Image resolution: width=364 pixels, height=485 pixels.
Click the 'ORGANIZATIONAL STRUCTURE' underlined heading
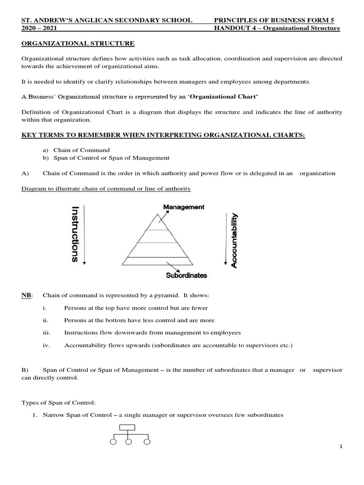pos(78,44)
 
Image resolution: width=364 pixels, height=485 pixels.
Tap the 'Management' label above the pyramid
pos(183,207)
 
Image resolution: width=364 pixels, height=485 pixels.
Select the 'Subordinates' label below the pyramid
pos(186,275)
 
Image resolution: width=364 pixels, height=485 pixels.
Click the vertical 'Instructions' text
pos(75,234)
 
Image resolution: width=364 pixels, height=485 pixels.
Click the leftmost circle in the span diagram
pos(113,442)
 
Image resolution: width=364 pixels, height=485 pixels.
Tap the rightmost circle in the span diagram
pos(147,442)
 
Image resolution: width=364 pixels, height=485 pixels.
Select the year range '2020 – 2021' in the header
pos(38,28)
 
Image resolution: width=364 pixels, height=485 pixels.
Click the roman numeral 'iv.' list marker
pos(46,345)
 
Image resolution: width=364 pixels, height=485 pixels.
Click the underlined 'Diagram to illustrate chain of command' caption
pos(106,189)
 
